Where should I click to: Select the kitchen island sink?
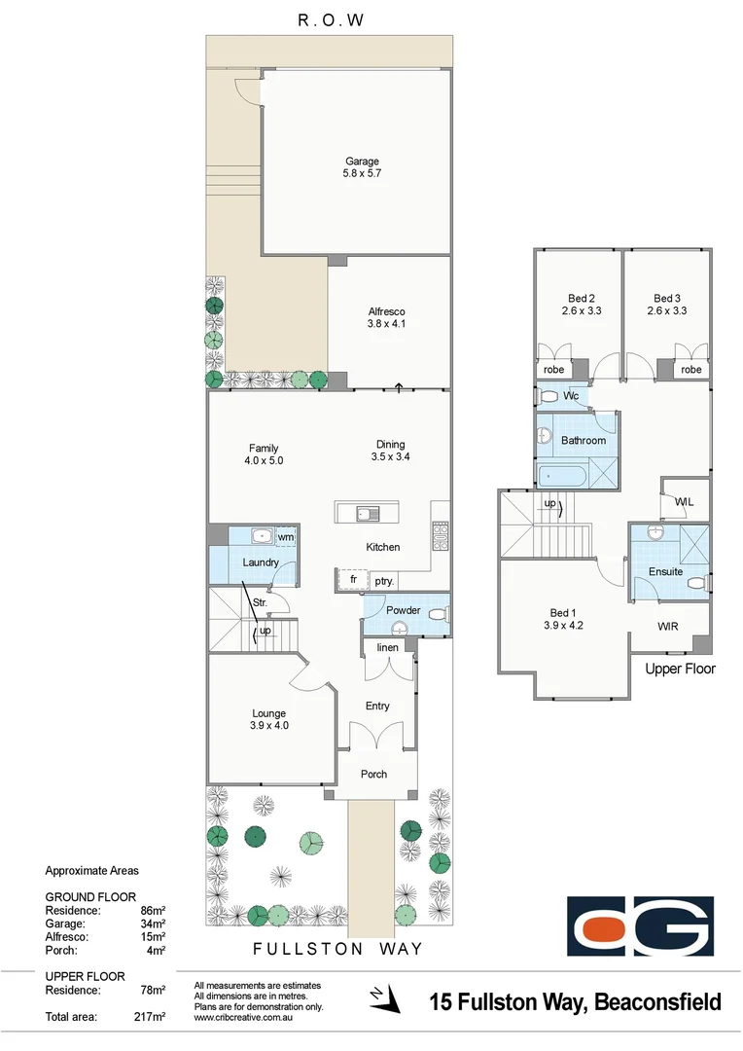(368, 514)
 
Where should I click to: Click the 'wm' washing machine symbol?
(286, 536)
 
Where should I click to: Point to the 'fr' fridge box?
(354, 580)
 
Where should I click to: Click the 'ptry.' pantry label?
(384, 581)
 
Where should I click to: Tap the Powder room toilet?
(438, 613)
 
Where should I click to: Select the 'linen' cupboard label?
(387, 647)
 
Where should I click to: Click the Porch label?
(373, 775)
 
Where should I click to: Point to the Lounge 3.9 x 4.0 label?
(269, 719)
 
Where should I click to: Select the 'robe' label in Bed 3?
(690, 370)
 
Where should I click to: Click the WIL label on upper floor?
(684, 501)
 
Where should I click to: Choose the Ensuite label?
(665, 572)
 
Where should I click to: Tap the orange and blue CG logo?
(640, 925)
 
